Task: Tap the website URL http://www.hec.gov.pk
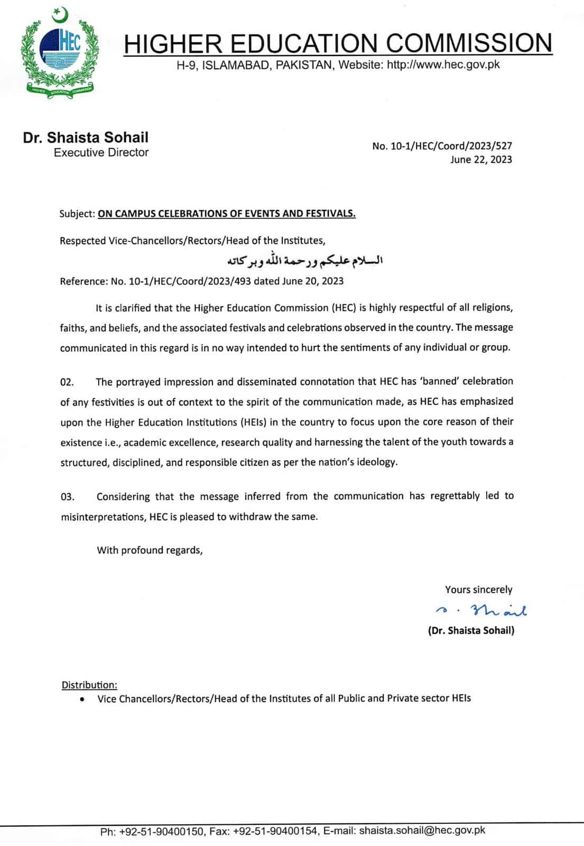tap(443, 65)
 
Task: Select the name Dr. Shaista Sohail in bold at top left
tap(86, 137)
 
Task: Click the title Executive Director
tap(101, 153)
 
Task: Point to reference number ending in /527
tap(442, 146)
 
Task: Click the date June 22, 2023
tap(481, 160)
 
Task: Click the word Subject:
tap(77, 214)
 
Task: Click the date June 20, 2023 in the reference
tap(313, 281)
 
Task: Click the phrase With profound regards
tap(150, 550)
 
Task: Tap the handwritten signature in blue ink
tap(481, 611)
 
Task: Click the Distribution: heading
tap(89, 685)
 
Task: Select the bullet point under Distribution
tap(82, 699)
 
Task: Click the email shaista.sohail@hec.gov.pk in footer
tap(422, 831)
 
